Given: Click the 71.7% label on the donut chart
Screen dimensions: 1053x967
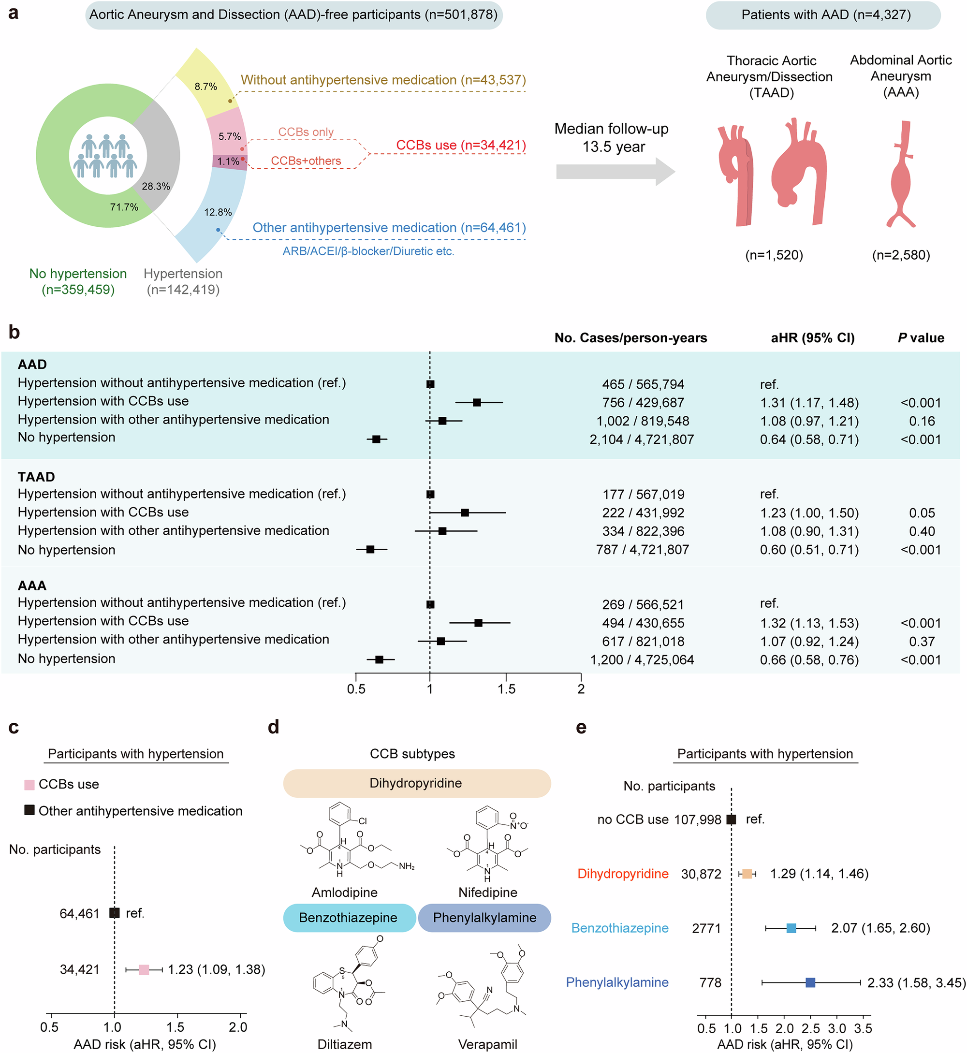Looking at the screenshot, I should point(124,207).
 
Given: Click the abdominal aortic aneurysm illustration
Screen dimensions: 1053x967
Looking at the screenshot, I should point(901,175).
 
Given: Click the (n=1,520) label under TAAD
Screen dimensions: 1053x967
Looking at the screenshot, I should point(774,255).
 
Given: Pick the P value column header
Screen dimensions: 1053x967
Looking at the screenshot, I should point(921,338).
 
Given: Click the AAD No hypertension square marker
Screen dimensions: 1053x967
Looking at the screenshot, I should point(376,439).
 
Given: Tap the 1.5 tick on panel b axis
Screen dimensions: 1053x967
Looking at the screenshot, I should point(506,688).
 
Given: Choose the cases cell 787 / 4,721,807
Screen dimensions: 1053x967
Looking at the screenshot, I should point(642,550).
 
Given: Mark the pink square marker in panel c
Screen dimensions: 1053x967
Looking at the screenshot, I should point(144,969).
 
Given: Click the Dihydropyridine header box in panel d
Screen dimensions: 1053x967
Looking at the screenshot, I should point(416,783).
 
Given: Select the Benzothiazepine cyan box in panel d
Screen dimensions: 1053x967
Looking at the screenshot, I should point(349,918).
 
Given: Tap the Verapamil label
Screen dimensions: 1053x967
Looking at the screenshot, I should point(487,1044).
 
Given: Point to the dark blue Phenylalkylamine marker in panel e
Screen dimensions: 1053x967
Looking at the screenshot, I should point(810,982).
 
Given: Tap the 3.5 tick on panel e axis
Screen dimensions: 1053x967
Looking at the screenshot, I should point(863,1028).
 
